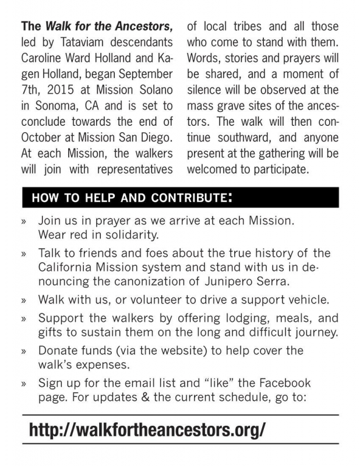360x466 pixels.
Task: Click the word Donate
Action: click(58, 351)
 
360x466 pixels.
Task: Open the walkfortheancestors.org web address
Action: click(147, 429)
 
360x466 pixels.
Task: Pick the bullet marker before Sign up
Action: click(24, 384)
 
